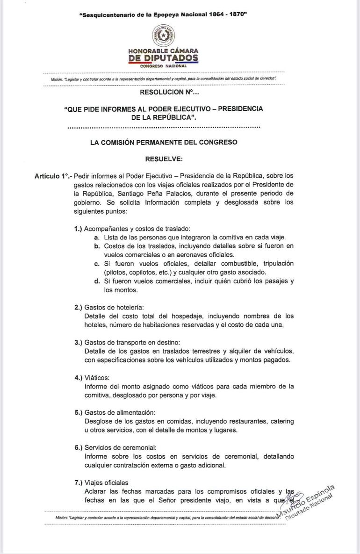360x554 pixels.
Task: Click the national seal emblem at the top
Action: click(163, 36)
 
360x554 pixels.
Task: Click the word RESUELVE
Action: click(164, 159)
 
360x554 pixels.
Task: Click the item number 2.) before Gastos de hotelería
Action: click(78, 307)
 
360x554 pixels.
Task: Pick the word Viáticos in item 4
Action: click(96, 378)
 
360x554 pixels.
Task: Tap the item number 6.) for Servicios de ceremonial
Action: click(78, 447)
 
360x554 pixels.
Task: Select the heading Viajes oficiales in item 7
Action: click(106, 482)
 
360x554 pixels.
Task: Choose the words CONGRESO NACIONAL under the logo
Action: click(163, 66)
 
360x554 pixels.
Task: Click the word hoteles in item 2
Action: click(96, 325)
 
